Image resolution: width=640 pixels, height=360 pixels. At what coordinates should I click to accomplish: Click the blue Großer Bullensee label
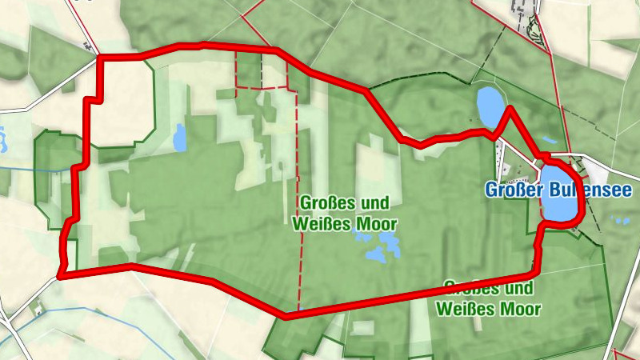point(558,190)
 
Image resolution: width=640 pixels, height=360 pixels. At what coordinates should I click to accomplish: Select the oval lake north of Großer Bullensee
point(489,102)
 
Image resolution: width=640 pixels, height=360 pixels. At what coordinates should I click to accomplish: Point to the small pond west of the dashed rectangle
point(179,138)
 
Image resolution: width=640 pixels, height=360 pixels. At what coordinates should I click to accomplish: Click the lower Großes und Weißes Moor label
point(490,297)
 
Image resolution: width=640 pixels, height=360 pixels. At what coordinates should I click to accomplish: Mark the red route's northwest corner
point(100,58)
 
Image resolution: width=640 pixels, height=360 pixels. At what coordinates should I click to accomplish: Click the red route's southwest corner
point(61,276)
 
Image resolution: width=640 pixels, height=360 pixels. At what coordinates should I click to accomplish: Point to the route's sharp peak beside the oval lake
point(509,108)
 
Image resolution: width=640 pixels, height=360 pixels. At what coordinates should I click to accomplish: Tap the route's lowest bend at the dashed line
point(286,316)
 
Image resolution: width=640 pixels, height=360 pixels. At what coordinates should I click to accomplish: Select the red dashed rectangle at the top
point(262,70)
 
